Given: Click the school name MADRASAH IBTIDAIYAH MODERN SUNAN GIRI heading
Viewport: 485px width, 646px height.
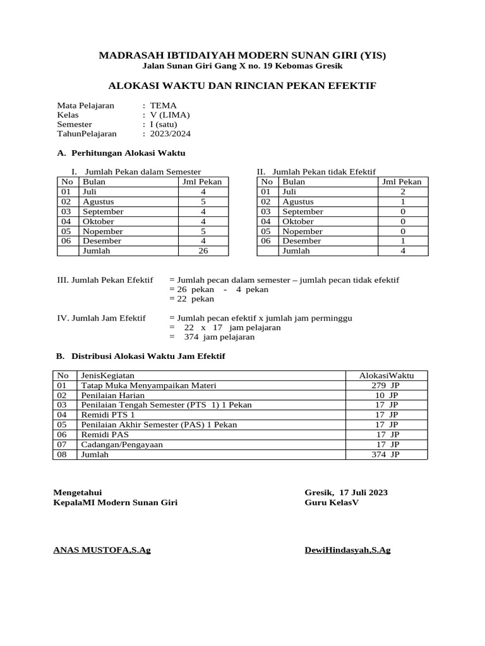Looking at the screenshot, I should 242,56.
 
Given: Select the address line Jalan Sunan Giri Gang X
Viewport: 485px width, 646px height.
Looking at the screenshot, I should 242,66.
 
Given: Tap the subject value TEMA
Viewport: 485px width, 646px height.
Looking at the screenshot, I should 164,105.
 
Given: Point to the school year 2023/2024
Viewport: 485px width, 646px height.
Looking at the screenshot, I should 170,134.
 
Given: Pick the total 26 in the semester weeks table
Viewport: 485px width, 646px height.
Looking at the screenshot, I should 203,250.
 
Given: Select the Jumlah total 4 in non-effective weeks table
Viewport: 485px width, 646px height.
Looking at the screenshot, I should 403,250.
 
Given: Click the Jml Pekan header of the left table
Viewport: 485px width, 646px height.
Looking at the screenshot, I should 202,182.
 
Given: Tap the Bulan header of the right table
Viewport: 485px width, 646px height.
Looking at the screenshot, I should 294,182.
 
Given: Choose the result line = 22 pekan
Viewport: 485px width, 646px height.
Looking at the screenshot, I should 192,299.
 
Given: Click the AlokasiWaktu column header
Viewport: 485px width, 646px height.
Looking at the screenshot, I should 386,375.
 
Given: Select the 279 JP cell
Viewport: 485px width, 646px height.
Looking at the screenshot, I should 385,385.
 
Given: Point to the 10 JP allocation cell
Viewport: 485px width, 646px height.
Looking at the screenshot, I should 386,396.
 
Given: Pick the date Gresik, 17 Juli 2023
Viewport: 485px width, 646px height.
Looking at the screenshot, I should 346,493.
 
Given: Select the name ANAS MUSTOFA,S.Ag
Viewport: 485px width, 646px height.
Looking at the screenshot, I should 102,550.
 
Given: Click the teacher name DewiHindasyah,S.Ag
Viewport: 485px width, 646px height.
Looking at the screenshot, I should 347,550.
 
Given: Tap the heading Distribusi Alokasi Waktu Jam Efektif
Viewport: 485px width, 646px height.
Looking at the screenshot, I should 148,356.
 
